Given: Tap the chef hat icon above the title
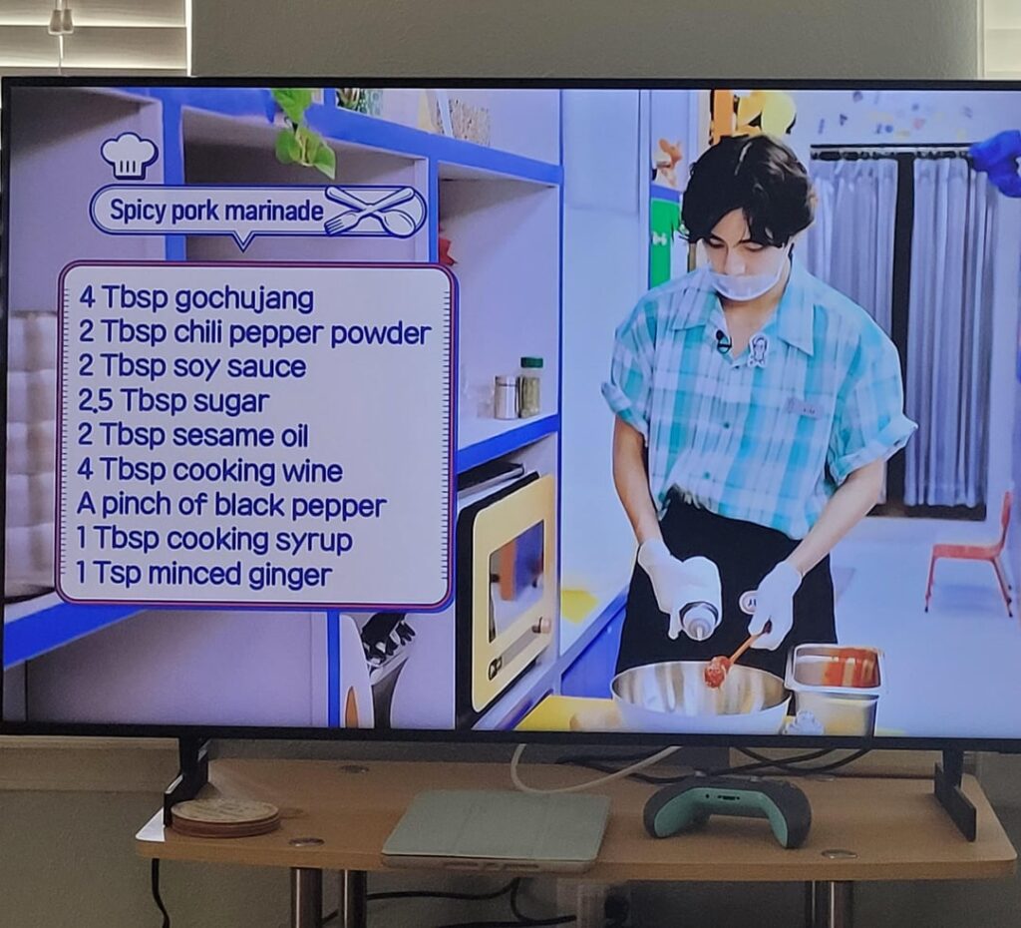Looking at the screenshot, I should pyautogui.click(x=129, y=155).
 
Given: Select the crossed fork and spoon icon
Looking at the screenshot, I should pyautogui.click(x=371, y=211).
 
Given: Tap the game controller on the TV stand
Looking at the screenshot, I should pyautogui.click(x=726, y=806).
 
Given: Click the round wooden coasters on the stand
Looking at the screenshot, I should pyautogui.click(x=225, y=816).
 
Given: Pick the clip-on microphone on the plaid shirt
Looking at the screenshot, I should pyautogui.click(x=723, y=340).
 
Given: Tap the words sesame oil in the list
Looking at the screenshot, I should pyautogui.click(x=239, y=437).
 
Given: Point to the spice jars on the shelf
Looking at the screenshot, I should pyautogui.click(x=518, y=390).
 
